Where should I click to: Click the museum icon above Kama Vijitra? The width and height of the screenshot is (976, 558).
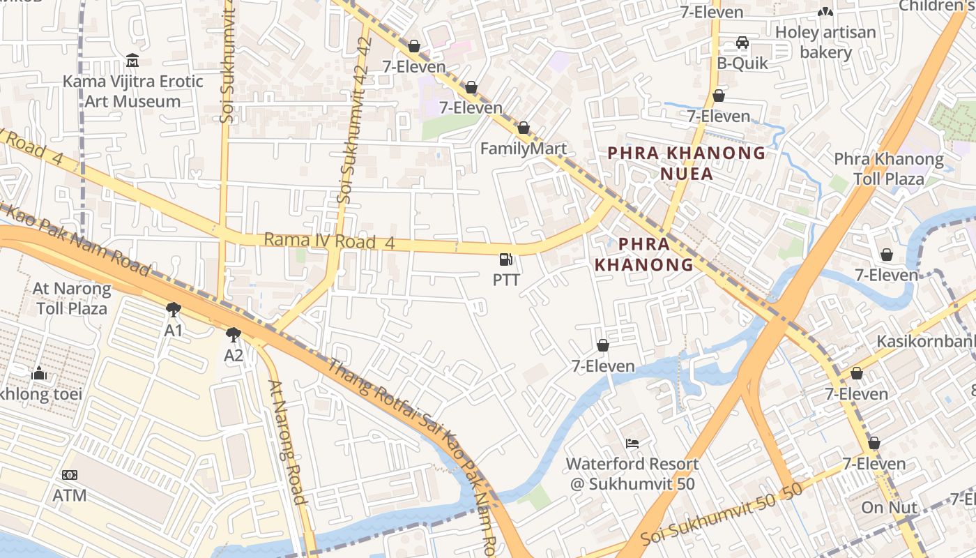tap(132, 61)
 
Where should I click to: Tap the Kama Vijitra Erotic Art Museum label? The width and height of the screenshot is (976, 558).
tap(132, 91)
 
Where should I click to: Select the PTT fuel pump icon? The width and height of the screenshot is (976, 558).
tap(506, 260)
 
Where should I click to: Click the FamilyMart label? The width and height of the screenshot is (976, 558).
tap(523, 149)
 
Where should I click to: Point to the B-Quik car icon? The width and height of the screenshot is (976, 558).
tap(742, 43)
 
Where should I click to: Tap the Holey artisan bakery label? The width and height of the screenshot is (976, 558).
tap(825, 43)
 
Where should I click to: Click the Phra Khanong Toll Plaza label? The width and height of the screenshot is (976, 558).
tap(889, 169)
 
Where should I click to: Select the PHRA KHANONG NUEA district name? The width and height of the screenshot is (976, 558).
tap(686, 163)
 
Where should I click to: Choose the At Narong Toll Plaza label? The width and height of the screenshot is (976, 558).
tap(72, 299)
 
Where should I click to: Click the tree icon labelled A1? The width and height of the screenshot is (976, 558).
tap(173, 310)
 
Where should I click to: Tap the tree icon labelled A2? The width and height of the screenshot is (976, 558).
tap(234, 335)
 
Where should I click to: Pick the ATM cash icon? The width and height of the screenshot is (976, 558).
tap(70, 475)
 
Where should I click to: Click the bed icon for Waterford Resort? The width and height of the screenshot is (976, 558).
tap(632, 443)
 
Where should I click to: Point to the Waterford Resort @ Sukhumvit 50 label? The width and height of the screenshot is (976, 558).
tap(632, 474)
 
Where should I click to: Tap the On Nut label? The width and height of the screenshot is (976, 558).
tap(890, 508)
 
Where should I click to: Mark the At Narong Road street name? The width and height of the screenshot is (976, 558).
tap(287, 442)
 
